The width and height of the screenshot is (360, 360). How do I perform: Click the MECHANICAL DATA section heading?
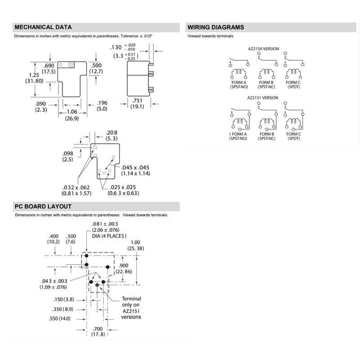[43, 27]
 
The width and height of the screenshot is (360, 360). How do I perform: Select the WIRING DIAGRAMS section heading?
[216, 27]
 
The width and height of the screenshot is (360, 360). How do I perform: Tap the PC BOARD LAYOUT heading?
[43, 207]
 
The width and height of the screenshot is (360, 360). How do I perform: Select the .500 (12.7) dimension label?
[96, 68]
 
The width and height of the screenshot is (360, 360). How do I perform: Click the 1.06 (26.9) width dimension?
[72, 115]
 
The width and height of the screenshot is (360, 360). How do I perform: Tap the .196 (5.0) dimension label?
[103, 106]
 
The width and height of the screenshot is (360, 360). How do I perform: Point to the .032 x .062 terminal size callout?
[77, 190]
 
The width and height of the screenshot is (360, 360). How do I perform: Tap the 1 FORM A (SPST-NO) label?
[238, 136]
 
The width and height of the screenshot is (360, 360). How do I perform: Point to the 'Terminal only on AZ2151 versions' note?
[131, 308]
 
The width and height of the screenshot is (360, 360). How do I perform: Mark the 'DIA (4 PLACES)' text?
[109, 236]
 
